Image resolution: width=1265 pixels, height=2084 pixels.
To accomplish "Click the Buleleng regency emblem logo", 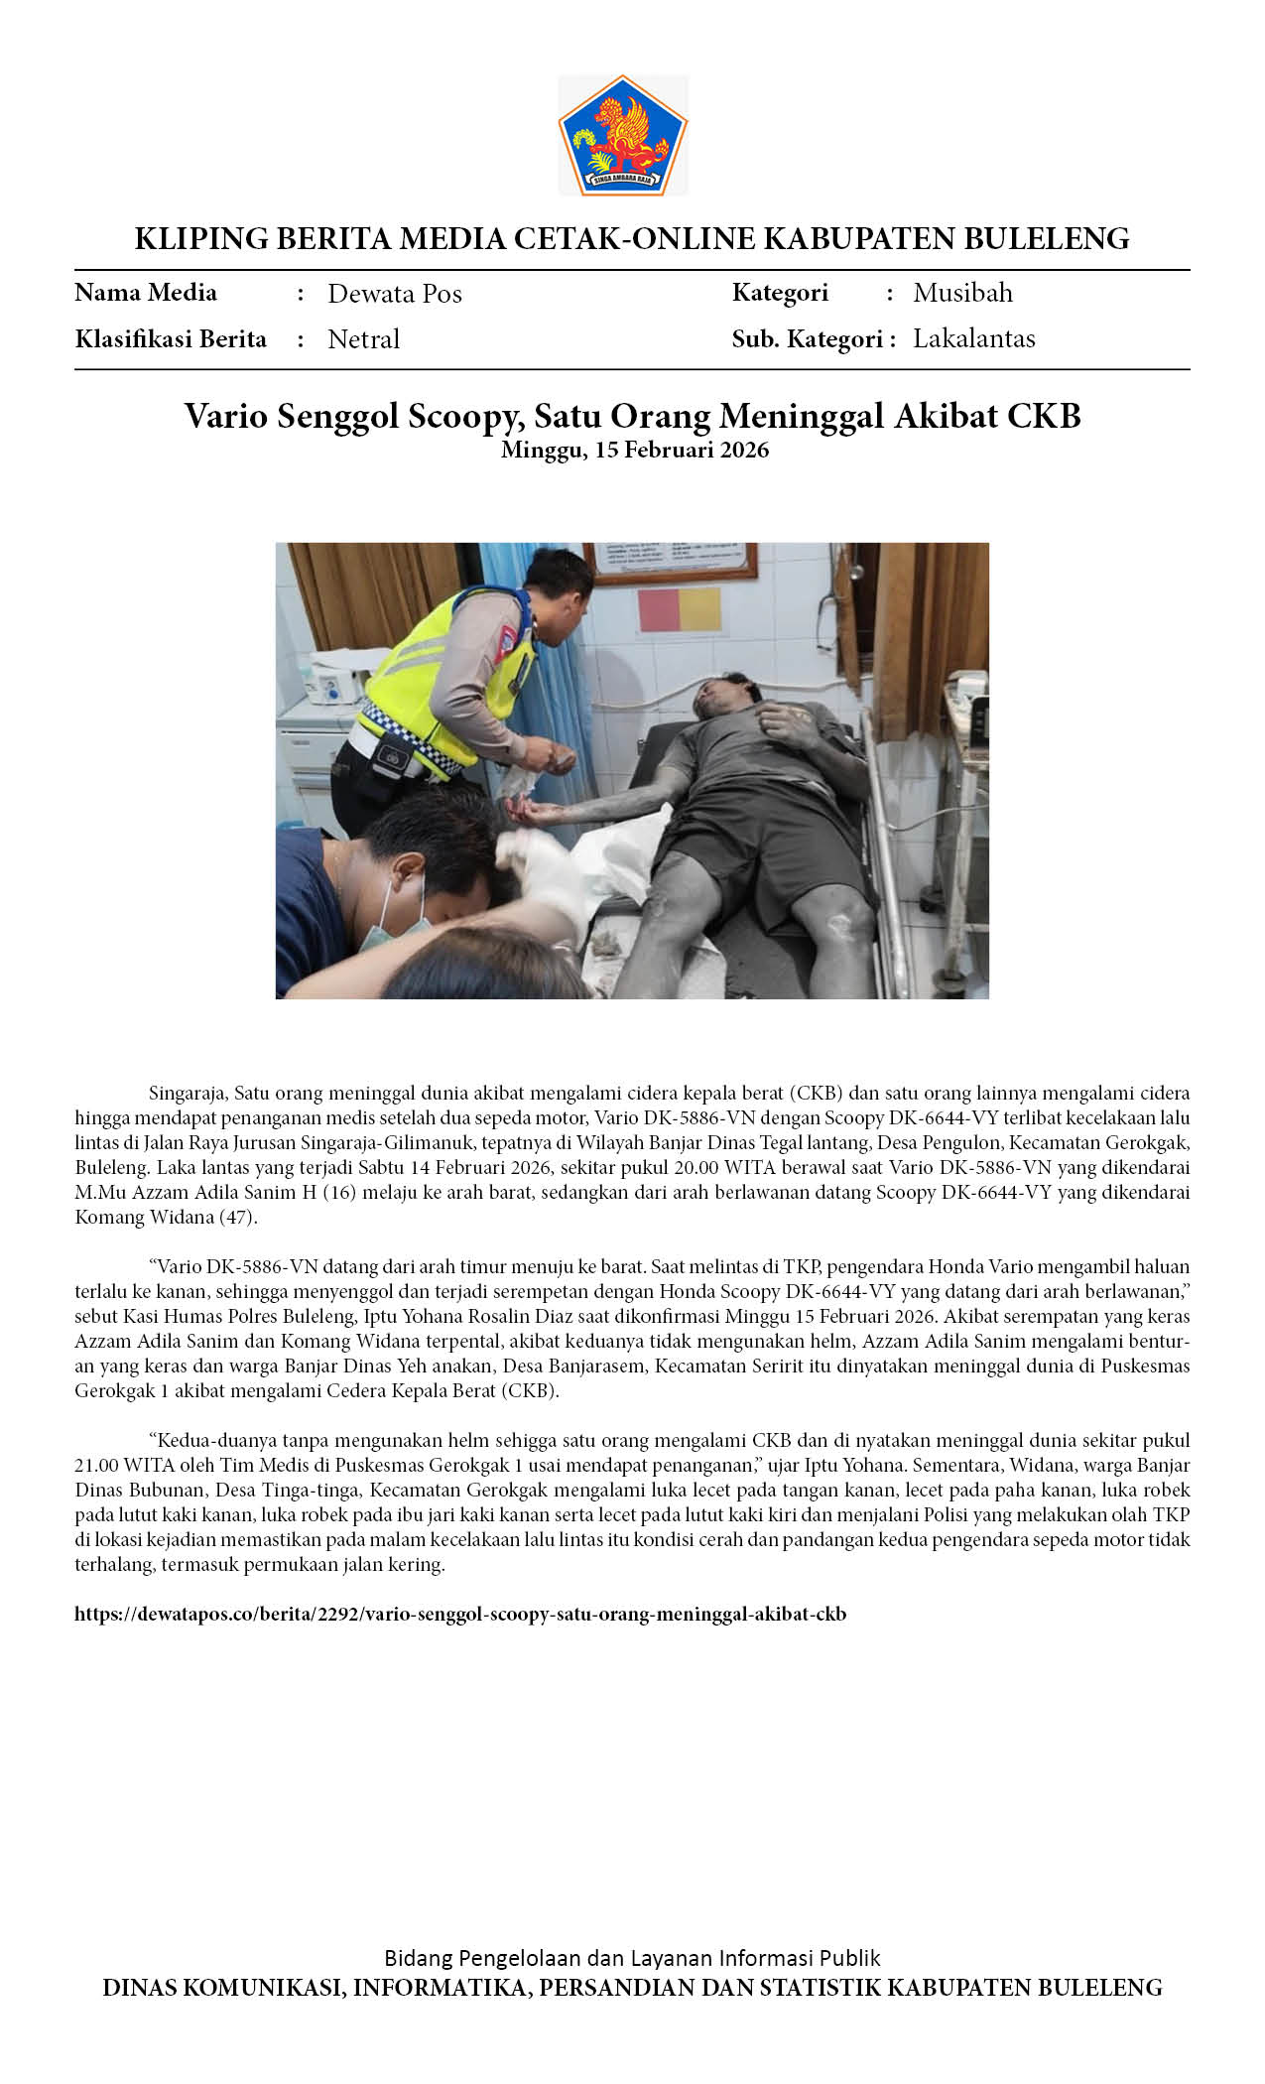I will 622,135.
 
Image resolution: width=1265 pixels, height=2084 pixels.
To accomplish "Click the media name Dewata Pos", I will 395,294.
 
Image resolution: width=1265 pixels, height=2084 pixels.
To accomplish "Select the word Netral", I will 363,339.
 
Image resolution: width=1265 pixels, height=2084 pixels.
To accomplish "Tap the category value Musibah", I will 962,293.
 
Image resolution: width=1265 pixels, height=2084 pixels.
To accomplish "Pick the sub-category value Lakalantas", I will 973,338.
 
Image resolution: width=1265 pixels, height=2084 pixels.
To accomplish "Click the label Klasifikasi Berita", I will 171,339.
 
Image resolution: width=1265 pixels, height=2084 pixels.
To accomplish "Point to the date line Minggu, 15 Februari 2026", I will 634,450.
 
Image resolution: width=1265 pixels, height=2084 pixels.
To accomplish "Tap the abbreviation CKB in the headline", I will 1044,416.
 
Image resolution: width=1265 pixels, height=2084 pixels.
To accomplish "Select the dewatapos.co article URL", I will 460,1614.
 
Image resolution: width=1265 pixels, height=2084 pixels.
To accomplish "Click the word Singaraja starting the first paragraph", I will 188,1094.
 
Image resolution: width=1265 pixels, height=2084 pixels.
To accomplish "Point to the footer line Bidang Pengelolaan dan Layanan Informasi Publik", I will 632,1957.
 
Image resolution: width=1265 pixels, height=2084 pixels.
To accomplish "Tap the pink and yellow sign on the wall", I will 680,609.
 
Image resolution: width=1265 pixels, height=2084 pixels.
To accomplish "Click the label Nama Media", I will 146,293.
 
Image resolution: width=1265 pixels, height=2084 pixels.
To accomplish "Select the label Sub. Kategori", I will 807,339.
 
